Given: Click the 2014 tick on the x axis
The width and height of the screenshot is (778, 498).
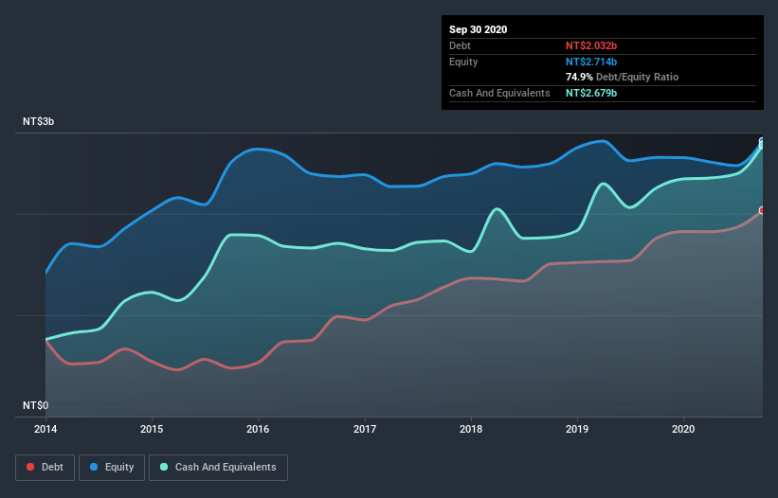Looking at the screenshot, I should [x=45, y=428].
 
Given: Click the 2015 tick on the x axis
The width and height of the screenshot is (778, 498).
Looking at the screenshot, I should [x=152, y=428].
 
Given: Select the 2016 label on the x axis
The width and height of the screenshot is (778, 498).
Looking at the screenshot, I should [x=258, y=428].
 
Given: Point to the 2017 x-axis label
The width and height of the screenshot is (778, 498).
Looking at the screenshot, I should [x=364, y=428].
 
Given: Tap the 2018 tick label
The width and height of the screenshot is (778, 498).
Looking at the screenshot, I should [x=470, y=428].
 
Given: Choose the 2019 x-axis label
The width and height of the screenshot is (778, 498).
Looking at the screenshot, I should [x=576, y=428].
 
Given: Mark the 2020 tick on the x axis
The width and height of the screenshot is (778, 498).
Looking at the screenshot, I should [x=682, y=428].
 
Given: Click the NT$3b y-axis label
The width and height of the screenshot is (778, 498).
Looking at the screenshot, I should [x=41, y=122].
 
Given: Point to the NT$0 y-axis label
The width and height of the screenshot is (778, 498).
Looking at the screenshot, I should [x=36, y=405].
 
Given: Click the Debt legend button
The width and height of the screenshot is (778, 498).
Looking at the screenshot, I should [x=45, y=467].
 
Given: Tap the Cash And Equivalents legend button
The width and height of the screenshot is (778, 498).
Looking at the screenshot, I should [x=218, y=467].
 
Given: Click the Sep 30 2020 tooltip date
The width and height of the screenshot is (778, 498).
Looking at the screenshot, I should [x=478, y=29].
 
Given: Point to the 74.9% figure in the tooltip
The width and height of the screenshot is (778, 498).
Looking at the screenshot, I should [x=580, y=77].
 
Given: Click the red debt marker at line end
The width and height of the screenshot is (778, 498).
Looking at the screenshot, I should [x=762, y=210].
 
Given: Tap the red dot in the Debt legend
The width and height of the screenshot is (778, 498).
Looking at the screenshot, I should [x=31, y=468].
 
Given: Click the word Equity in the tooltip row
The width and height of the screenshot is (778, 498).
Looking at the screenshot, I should [x=463, y=62].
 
